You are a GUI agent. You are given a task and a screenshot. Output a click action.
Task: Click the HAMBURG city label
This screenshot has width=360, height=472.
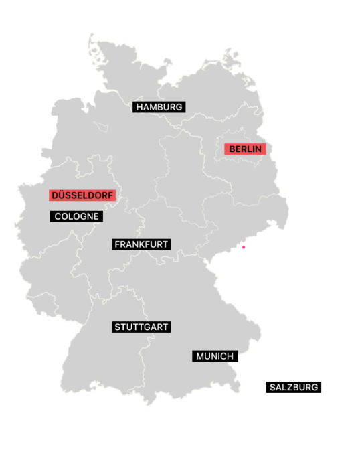[159, 107]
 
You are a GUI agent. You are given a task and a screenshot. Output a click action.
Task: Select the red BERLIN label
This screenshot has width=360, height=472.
[245, 149]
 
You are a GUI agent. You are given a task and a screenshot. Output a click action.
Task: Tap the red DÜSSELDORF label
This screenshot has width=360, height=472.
[82, 195]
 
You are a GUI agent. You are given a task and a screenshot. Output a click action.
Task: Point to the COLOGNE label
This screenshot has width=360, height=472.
[76, 216]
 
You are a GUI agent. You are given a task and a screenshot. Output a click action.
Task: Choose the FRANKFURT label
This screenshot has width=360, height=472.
[141, 244]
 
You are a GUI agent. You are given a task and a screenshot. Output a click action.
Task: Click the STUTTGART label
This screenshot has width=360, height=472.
[141, 327]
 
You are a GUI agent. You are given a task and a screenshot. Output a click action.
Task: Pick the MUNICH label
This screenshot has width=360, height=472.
[215, 356]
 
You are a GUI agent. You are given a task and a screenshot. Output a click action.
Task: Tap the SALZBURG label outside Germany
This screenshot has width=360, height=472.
[293, 387]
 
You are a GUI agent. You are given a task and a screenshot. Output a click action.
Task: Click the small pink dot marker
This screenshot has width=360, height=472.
[244, 247]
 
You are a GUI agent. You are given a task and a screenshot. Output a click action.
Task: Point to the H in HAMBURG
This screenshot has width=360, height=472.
[139, 107]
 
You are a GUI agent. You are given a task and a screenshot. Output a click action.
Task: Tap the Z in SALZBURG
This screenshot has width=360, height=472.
[290, 387]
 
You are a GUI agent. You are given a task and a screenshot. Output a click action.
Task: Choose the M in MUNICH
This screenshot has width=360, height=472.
[200, 356]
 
